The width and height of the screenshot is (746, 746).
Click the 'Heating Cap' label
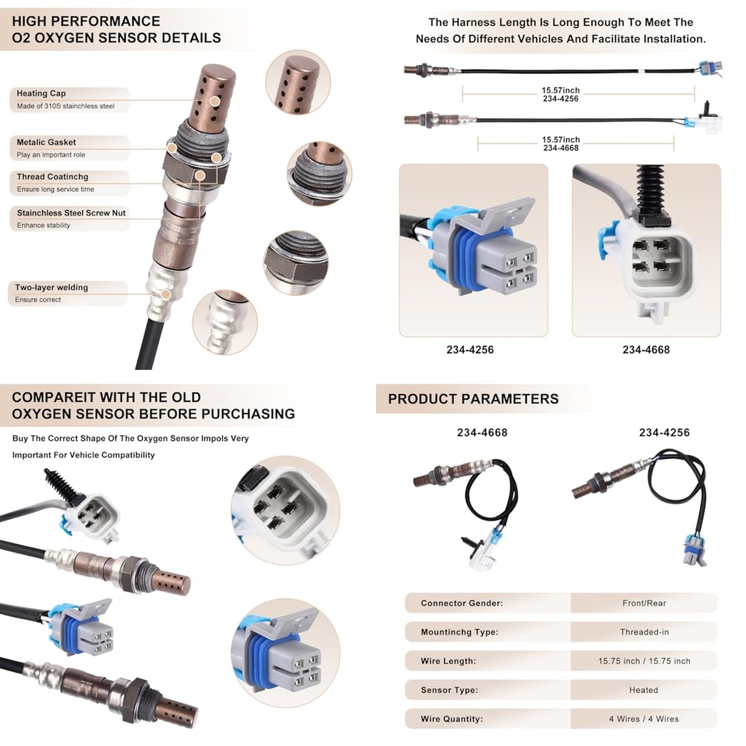coord(41,93)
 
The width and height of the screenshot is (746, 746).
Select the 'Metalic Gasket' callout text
coord(46,142)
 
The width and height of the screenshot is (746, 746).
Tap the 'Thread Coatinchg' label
coord(52,177)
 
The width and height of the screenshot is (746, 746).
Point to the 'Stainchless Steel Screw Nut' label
coord(71,213)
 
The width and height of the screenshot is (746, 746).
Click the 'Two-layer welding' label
coord(52,287)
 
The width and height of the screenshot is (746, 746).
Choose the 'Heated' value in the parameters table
coord(643,690)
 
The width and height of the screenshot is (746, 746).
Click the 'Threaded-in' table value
coord(644,632)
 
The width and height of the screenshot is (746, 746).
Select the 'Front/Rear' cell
coord(644,603)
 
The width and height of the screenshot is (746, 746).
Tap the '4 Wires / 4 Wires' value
coord(644,719)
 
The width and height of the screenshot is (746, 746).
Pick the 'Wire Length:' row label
coord(448,661)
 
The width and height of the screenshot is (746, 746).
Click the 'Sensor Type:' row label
coord(449,690)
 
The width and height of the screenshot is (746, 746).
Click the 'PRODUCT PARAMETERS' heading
coord(473,398)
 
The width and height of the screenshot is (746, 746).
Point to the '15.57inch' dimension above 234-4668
coord(561,139)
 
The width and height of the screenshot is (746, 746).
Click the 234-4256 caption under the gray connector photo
coord(470,349)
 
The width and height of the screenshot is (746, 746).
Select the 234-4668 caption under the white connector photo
coord(646,349)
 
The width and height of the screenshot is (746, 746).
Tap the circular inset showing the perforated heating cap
coord(298,82)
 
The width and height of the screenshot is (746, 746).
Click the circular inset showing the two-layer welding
coord(225,322)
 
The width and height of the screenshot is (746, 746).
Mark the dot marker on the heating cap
coord(215,101)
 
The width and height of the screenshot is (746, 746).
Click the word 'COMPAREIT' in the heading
coord(53,397)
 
